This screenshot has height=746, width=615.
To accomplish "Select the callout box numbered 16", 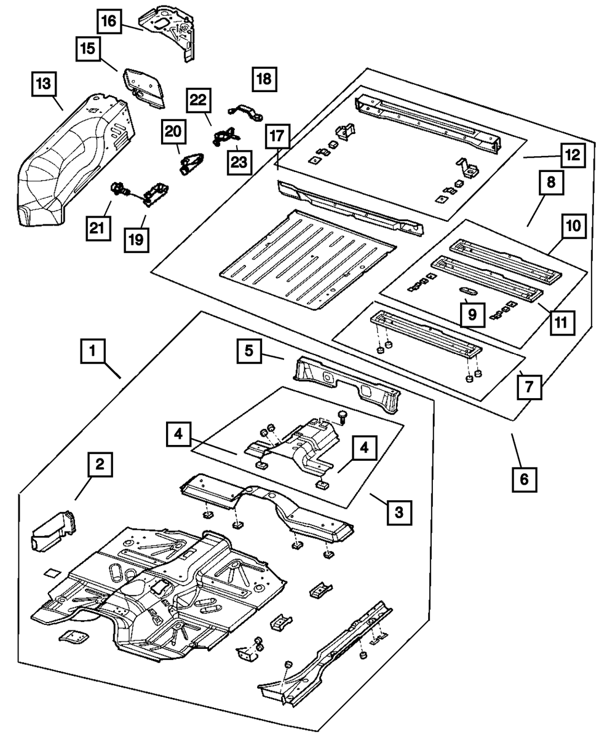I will [108, 21].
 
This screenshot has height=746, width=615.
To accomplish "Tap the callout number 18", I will [264, 79].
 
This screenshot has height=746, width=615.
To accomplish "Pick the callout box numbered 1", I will [92, 352].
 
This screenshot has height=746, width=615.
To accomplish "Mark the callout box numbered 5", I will [248, 351].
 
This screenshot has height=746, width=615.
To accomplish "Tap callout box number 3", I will [399, 511].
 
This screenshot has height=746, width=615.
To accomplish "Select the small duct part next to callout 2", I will [54, 530].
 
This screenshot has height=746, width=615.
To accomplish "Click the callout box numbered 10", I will [572, 227].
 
